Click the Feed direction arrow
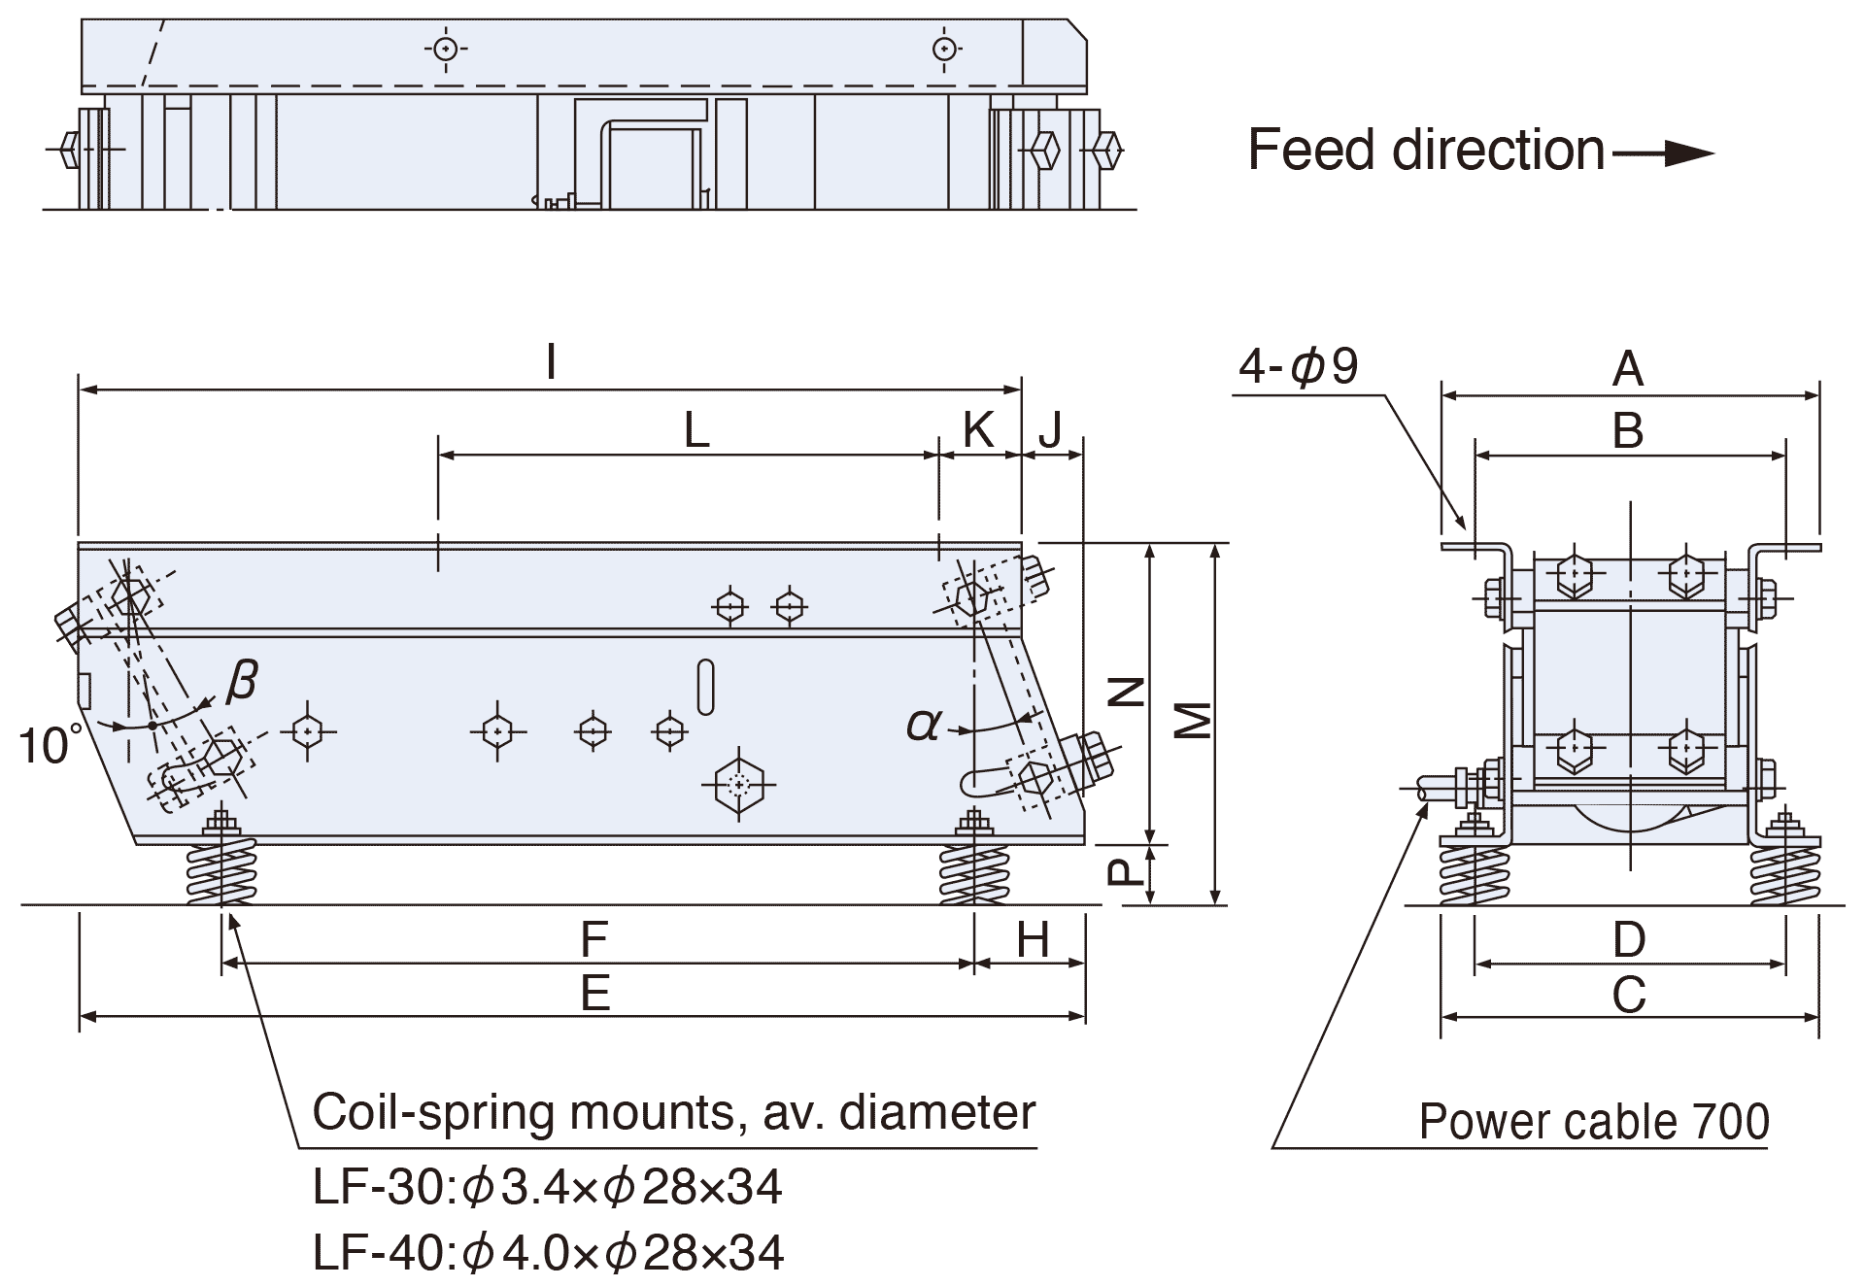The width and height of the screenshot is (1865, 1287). (x=1663, y=152)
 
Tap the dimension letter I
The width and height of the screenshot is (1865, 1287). (x=551, y=362)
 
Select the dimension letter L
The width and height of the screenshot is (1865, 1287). (x=696, y=430)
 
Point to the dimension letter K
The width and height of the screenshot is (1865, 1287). (x=978, y=429)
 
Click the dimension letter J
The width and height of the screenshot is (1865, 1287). (x=1050, y=429)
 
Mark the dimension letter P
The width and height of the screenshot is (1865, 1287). (x=1126, y=871)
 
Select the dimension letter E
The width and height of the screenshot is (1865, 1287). (x=594, y=994)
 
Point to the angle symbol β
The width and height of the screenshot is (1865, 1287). (x=241, y=680)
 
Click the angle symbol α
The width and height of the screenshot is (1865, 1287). (x=924, y=724)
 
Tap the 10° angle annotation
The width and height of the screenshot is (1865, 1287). (x=49, y=746)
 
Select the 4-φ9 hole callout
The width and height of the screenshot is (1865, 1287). (x=1298, y=366)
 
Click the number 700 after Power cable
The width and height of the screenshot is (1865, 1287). (x=1730, y=1122)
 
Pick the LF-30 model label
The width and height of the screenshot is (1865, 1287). (x=380, y=1187)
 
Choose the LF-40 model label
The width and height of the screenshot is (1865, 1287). (x=381, y=1253)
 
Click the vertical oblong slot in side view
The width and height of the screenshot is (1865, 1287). (x=706, y=687)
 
